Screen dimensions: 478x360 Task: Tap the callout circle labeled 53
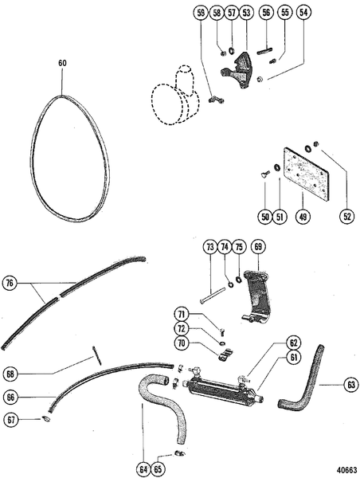pos(246,13)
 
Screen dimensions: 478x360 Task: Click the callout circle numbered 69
pos(258,247)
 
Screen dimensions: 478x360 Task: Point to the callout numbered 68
pos(10,373)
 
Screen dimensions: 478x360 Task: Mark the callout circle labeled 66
pos(10,397)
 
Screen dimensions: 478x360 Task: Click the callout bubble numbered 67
pos(10,420)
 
